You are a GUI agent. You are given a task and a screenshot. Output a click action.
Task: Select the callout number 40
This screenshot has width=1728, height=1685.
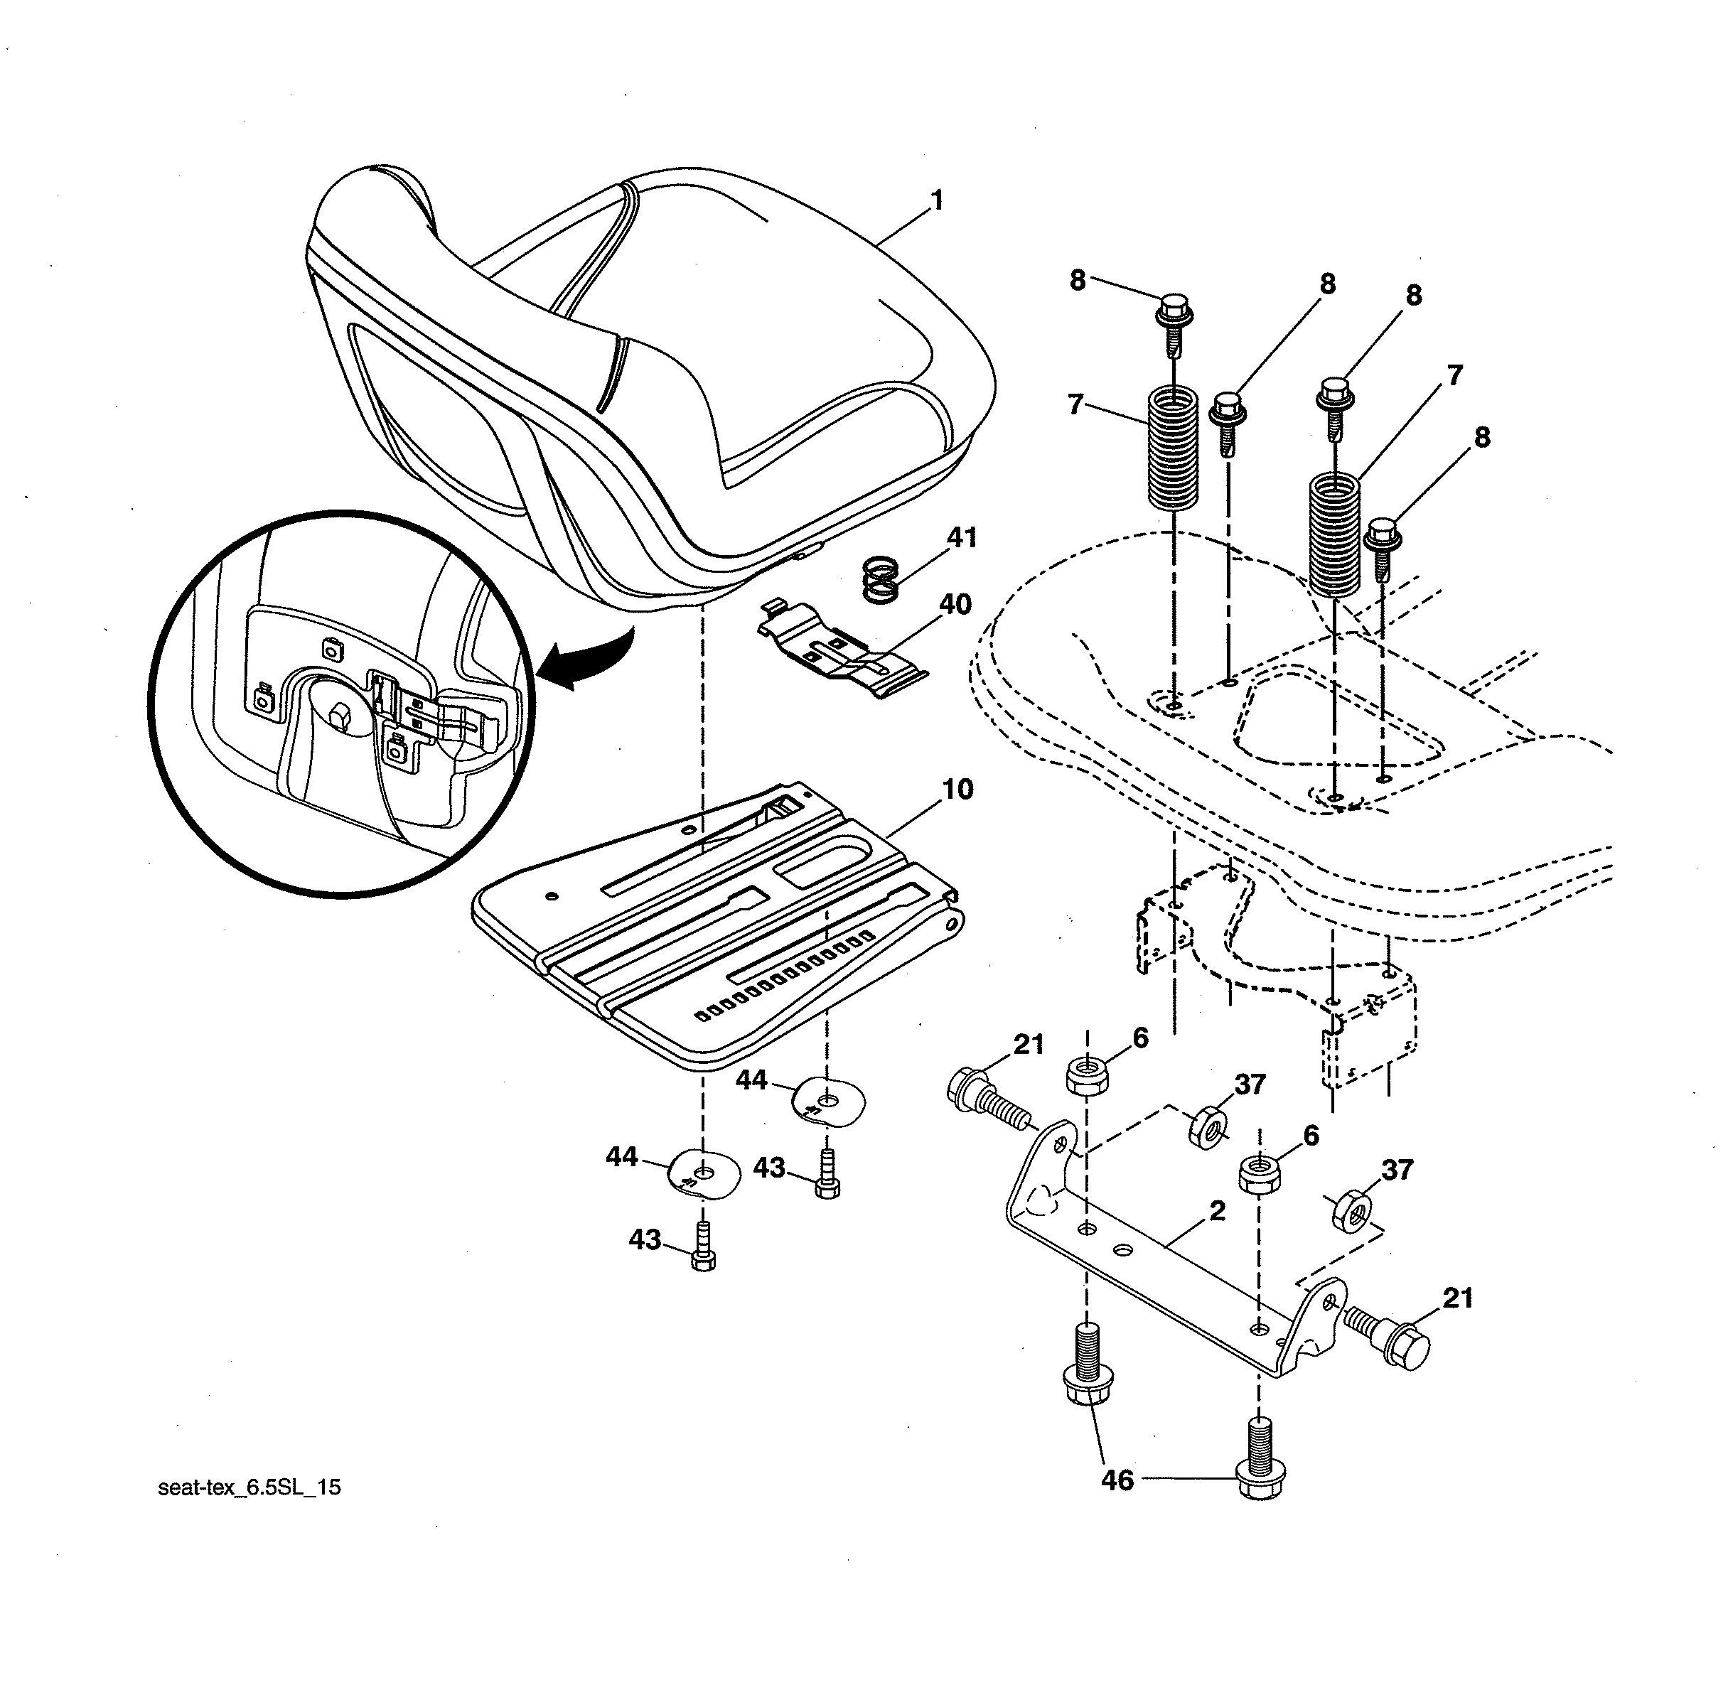coord(955,605)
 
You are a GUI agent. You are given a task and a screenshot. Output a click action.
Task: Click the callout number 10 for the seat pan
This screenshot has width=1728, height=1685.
coord(957,789)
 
